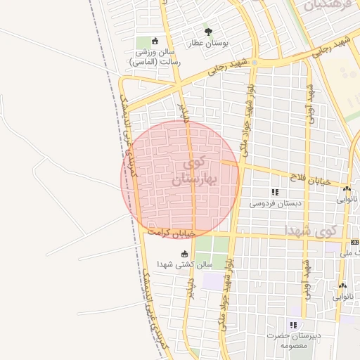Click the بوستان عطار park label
208,43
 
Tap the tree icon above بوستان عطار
208,31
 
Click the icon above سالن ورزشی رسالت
155,40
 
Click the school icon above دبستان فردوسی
275,191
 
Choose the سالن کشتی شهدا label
184,265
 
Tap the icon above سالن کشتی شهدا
185,254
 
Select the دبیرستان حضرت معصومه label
292,340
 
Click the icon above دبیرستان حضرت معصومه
293,325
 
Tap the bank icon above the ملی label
354,243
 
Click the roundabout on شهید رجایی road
255,63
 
